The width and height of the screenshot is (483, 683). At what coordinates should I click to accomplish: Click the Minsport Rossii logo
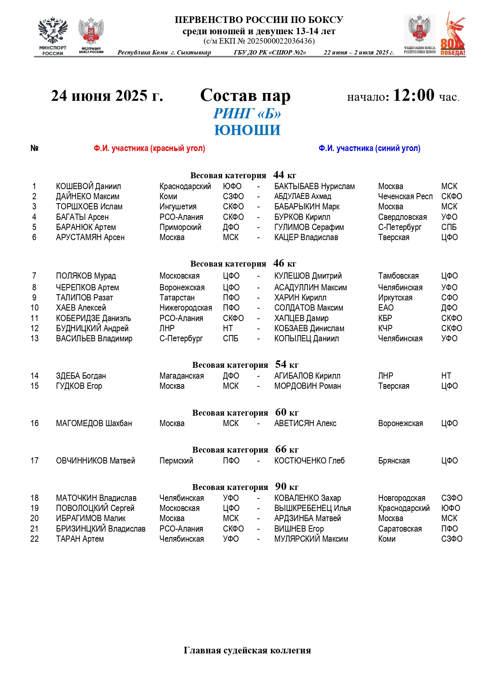pyautogui.click(x=53, y=36)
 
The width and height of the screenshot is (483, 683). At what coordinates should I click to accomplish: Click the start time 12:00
pyautogui.click(x=413, y=95)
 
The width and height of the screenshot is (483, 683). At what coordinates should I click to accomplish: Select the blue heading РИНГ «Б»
pyautogui.click(x=247, y=114)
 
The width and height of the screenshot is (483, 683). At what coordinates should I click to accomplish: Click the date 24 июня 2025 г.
pyautogui.click(x=107, y=96)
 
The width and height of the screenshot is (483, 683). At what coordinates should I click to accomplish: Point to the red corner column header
pyautogui.click(x=149, y=148)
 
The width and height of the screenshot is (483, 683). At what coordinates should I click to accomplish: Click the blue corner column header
pyautogui.click(x=369, y=148)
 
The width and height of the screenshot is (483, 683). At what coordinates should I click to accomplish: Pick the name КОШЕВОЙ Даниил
pyautogui.click(x=88, y=186)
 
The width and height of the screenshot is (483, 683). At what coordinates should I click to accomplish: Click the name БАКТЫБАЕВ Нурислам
pyautogui.click(x=314, y=186)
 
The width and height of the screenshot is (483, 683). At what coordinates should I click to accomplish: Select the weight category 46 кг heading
pyautogui.click(x=243, y=263)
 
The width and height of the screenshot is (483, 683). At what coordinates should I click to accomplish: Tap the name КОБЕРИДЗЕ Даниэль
pyautogui.click(x=93, y=318)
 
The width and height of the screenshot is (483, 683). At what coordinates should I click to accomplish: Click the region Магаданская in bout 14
pyautogui.click(x=181, y=376)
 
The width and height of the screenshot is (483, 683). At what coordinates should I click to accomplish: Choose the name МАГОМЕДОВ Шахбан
pyautogui.click(x=94, y=423)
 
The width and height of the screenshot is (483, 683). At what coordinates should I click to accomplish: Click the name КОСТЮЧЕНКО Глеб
pyautogui.click(x=309, y=461)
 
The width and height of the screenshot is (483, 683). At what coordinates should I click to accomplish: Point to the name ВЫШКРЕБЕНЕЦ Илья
pyautogui.click(x=313, y=508)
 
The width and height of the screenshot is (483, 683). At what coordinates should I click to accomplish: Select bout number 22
pyautogui.click(x=35, y=539)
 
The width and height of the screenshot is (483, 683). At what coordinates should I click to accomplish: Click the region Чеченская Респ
pyautogui.click(x=405, y=197)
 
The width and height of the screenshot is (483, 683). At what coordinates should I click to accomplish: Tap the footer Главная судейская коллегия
pyautogui.click(x=247, y=650)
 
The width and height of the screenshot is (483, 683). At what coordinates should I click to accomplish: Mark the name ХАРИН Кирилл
pyautogui.click(x=300, y=298)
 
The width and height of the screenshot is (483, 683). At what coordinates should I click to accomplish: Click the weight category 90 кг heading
pyautogui.click(x=245, y=487)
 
